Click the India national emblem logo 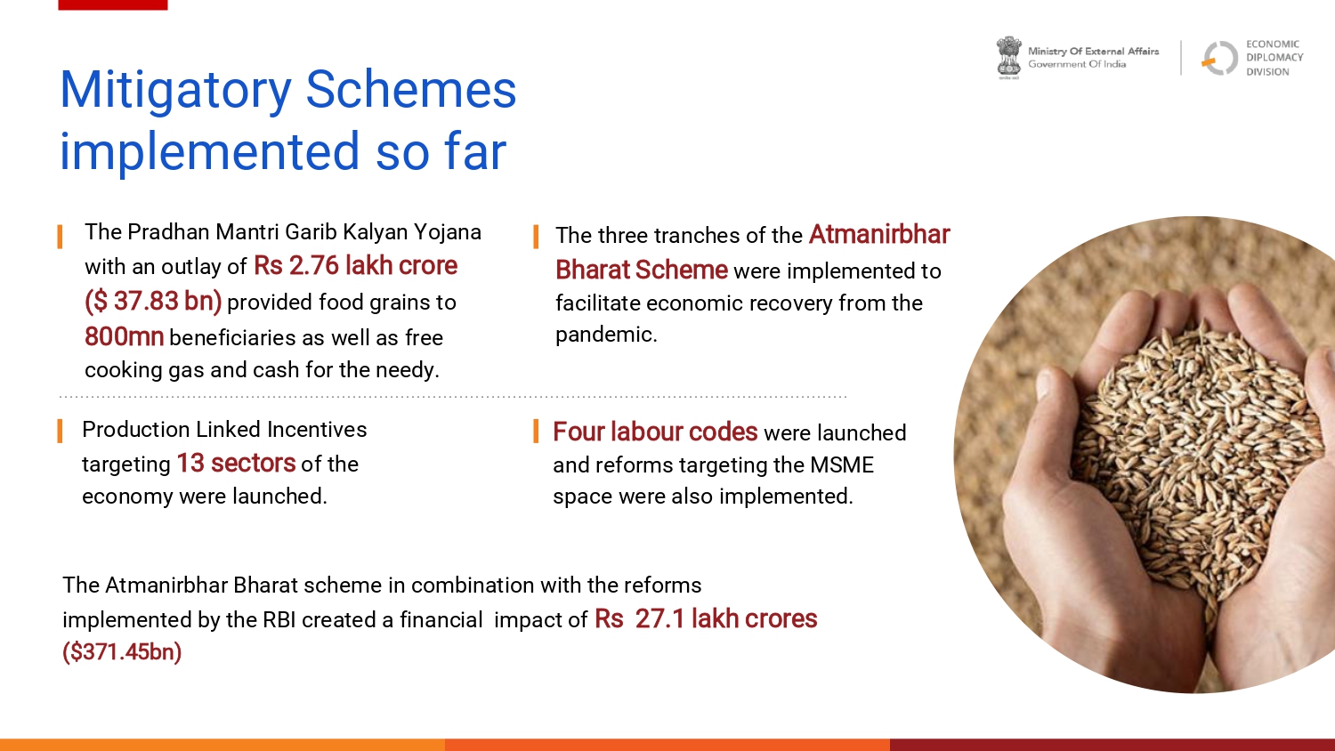coord(1008,58)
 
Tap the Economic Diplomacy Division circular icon coord(1219,58)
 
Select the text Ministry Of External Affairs coord(1093,52)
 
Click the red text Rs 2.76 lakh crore coord(355,266)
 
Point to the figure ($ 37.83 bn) coord(153,301)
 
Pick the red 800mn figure coord(124,336)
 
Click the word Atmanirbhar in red coord(879,234)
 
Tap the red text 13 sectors coord(236,463)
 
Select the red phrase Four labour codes coord(655,432)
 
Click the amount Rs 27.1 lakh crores coord(706,618)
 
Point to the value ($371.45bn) coord(122,651)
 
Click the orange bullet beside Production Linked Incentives coord(60,431)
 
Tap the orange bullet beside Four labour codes coord(536,431)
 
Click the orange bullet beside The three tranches coord(536,237)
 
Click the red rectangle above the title coord(113,4)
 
